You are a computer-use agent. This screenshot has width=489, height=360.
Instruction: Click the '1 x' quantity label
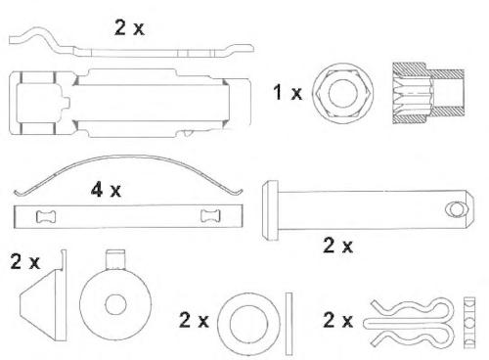288,92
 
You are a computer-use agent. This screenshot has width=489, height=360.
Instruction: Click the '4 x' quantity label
106,190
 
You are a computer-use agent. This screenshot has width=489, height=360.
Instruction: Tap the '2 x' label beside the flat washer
194,320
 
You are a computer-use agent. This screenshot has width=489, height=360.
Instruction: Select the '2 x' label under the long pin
337,246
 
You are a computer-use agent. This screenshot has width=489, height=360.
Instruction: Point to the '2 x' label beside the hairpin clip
337,320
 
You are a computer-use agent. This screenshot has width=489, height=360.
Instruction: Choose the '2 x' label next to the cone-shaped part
25,261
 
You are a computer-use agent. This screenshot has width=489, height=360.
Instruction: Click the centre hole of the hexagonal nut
342,93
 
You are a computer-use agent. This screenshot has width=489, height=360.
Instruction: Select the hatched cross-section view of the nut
428,93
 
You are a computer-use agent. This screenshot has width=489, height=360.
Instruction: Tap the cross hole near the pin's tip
455,208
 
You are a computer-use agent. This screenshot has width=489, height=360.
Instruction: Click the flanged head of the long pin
270,210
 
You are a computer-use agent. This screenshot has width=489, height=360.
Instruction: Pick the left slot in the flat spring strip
46,216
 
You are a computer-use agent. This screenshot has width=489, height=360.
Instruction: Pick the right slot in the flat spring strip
210,216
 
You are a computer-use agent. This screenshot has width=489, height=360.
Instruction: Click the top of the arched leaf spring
130,157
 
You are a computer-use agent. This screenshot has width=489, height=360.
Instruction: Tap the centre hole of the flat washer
248,324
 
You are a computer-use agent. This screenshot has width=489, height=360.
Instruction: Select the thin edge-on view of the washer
289,324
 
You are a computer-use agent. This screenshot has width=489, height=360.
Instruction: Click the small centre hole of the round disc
115,304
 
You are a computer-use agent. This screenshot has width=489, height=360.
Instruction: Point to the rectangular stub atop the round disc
115,260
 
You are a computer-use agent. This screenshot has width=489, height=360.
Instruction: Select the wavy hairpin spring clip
409,323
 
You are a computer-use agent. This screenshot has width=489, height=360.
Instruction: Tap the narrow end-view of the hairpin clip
469,323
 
